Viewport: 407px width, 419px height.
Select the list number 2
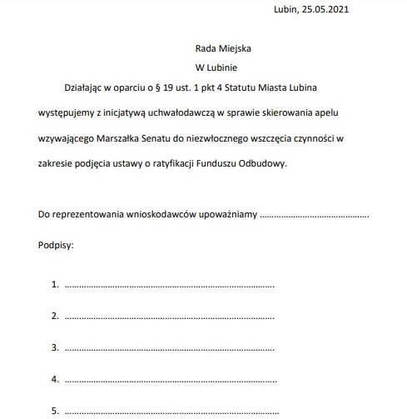[55, 316]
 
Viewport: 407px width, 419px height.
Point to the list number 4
[55, 379]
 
